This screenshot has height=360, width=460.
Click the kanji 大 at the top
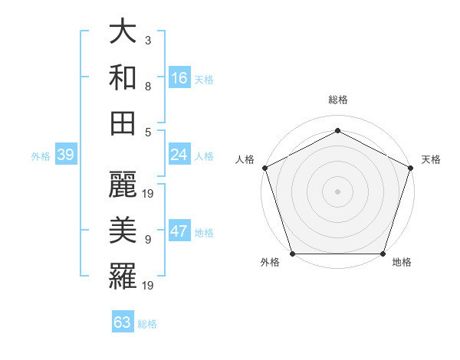click(x=123, y=33)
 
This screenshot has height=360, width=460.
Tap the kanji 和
click(x=123, y=77)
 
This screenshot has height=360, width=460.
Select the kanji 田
click(x=123, y=123)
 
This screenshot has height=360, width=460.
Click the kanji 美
click(x=123, y=229)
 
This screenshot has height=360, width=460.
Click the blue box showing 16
click(x=179, y=77)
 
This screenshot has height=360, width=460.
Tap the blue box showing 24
click(x=179, y=155)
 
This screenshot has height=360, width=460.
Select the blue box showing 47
click(x=179, y=232)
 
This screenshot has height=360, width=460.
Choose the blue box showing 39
click(x=65, y=155)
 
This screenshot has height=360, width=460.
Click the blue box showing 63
click(x=123, y=322)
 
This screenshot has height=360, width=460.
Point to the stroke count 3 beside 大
click(x=147, y=39)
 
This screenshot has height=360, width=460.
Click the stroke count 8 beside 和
click(x=147, y=86)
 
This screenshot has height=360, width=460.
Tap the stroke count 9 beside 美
click(x=147, y=239)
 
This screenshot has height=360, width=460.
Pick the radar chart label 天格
click(x=431, y=159)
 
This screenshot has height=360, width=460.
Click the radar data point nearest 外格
click(x=292, y=254)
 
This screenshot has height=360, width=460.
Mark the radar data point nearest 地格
click(x=383, y=254)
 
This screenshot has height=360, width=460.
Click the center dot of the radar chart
click(x=337, y=191)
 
